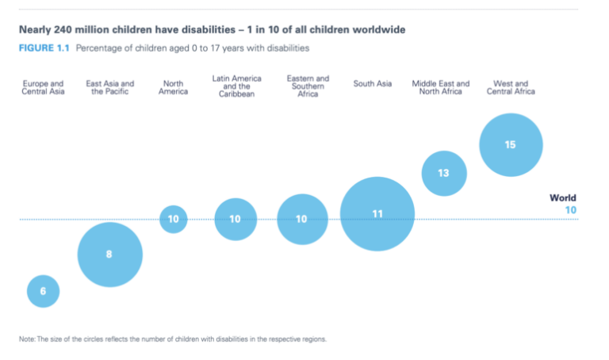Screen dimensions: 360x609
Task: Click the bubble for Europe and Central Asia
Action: click(43, 291)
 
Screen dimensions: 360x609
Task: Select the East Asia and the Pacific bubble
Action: click(109, 255)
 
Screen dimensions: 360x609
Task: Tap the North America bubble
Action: click(174, 219)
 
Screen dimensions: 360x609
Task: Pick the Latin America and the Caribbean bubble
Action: click(236, 219)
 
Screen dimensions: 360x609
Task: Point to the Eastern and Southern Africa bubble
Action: click(302, 219)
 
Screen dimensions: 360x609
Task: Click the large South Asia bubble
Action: click(377, 214)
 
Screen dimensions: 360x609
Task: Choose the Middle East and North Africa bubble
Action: click(443, 173)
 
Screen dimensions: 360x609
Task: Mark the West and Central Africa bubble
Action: click(511, 145)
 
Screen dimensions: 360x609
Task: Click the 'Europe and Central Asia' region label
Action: click(43, 87)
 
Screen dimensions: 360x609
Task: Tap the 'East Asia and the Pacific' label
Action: click(109, 87)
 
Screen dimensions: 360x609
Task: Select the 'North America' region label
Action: click(174, 87)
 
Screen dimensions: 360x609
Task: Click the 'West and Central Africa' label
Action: click(514, 87)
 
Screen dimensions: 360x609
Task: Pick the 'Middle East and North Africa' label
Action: click(441, 87)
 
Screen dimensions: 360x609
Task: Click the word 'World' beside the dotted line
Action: click(563, 198)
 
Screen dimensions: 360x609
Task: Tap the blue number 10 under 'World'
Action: click(570, 210)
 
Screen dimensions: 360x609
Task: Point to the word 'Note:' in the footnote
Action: click(28, 339)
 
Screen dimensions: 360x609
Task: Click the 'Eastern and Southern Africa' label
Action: click(308, 86)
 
